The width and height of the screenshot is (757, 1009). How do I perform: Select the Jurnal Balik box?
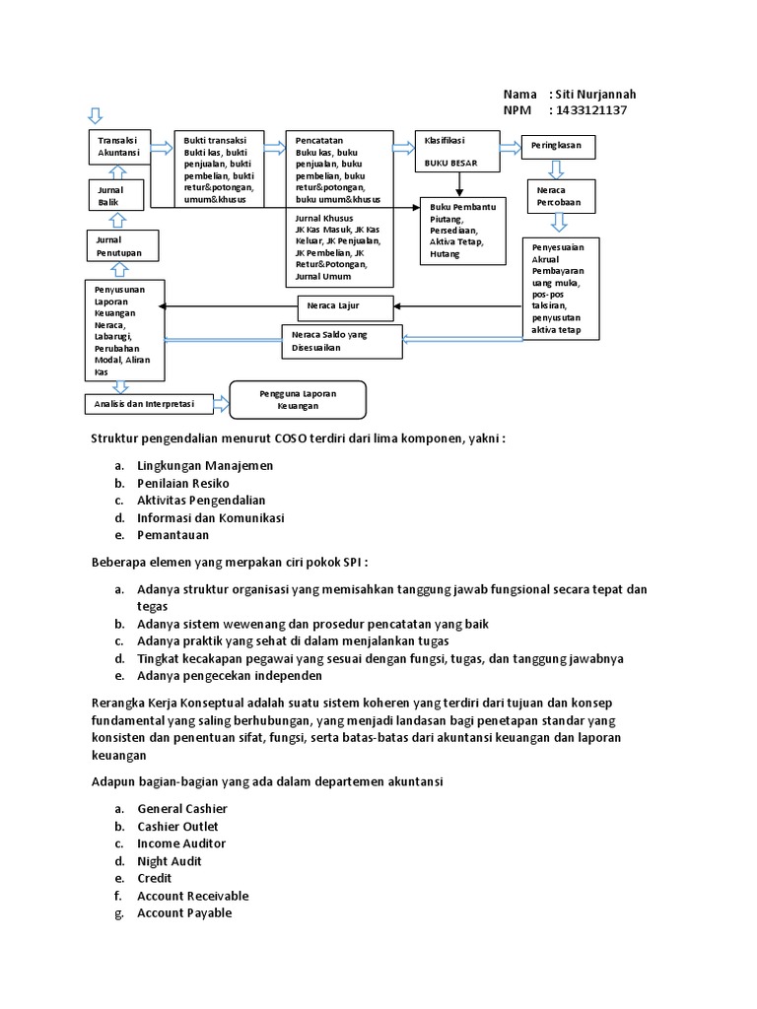116,194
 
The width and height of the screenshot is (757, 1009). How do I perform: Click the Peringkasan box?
558,146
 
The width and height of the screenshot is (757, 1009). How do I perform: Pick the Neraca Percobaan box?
558,195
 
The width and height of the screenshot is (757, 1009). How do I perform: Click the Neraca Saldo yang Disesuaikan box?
342,341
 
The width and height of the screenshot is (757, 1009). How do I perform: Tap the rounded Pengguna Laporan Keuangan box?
298,399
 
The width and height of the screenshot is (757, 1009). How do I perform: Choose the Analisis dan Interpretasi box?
144,403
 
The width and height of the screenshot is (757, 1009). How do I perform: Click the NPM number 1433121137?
591,109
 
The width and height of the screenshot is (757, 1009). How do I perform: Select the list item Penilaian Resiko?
183,483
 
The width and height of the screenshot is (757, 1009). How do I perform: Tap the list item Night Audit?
170,860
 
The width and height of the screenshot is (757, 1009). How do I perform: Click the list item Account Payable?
184,912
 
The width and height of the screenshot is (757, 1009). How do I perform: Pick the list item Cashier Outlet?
177,826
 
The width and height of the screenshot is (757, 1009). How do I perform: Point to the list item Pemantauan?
173,535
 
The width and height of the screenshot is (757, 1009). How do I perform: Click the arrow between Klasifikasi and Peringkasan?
510,147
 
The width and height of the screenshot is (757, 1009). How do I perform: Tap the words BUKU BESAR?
451,163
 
